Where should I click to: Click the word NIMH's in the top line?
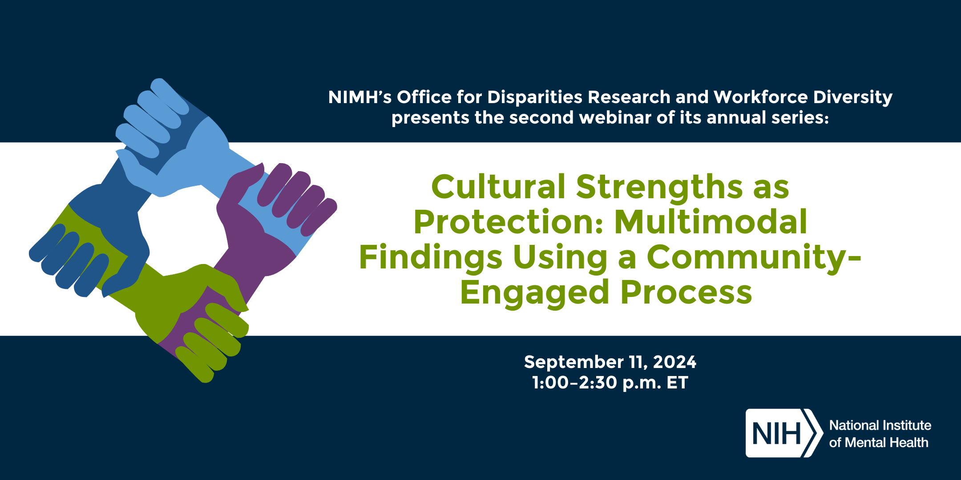click(359, 97)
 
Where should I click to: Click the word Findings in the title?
click(431, 258)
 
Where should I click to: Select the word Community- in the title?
click(754, 258)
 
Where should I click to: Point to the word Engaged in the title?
click(534, 293)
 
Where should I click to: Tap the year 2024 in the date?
click(674, 362)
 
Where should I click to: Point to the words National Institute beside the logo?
click(880, 425)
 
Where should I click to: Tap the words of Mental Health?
click(879, 443)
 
